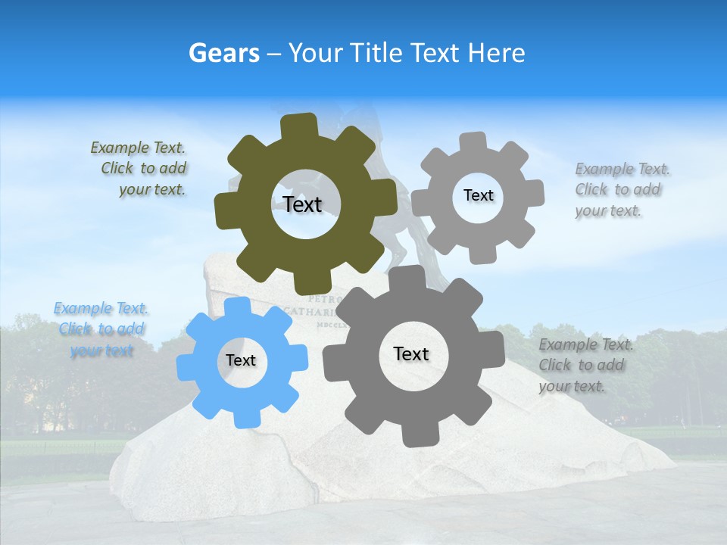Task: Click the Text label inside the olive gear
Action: [302, 204]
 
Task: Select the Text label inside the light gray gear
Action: [478, 195]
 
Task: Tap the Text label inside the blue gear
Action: [240, 360]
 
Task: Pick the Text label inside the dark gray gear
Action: [410, 353]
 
